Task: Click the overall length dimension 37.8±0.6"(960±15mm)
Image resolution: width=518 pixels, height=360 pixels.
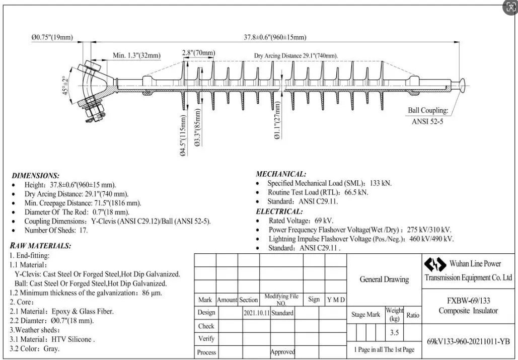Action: tap(275, 37)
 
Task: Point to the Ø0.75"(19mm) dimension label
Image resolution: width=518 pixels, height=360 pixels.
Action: tap(52, 37)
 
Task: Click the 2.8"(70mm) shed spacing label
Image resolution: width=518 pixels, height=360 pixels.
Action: tap(198, 53)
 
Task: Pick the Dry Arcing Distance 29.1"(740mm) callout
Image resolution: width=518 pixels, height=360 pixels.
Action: tap(296, 55)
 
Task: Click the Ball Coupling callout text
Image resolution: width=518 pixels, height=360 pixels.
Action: tap(427, 111)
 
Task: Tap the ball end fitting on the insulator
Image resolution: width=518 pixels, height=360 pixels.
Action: tap(461, 85)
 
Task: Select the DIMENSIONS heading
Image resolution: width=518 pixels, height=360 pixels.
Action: tap(35, 176)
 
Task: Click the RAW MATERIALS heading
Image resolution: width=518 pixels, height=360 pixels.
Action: tap(40, 246)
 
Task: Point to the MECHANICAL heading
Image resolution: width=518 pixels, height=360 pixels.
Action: tap(281, 174)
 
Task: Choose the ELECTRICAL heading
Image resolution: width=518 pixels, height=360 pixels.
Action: tap(279, 211)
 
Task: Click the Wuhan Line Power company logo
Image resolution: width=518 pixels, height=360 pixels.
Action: tap(435, 264)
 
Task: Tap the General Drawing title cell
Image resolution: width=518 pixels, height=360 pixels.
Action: tap(384, 279)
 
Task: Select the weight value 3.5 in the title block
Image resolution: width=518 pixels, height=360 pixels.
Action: tap(394, 332)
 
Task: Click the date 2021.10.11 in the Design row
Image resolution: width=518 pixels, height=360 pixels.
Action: tap(257, 313)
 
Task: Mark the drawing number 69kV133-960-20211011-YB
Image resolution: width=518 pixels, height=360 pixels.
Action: tap(468, 341)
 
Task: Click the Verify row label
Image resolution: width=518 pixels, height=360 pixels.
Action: tap(206, 339)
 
